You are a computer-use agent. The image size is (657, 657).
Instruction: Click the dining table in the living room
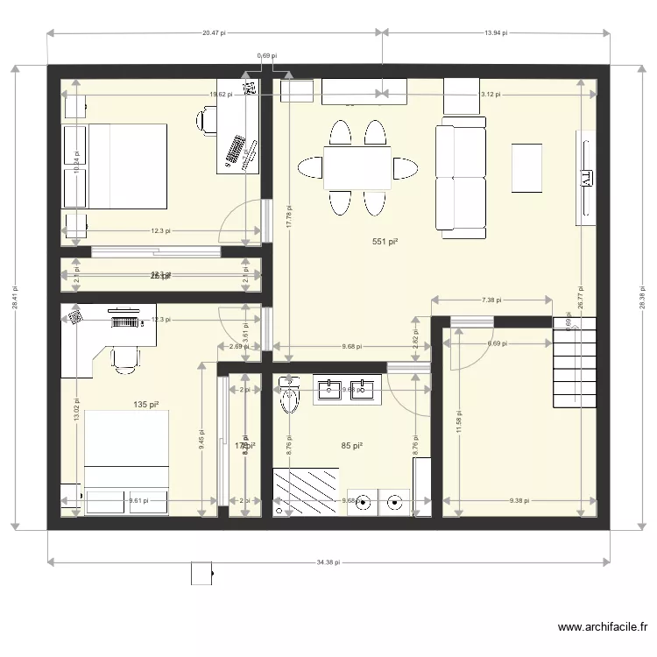(357, 167)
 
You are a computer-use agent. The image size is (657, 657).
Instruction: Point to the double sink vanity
(346, 390)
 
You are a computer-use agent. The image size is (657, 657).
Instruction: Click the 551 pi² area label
(385, 242)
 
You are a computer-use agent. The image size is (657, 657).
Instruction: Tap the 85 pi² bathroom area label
(351, 446)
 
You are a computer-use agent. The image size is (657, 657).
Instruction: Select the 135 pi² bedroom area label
(145, 405)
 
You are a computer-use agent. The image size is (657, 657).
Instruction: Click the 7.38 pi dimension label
(491, 300)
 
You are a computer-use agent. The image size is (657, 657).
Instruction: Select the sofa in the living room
(461, 180)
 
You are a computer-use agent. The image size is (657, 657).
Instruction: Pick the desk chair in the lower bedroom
(125, 358)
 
